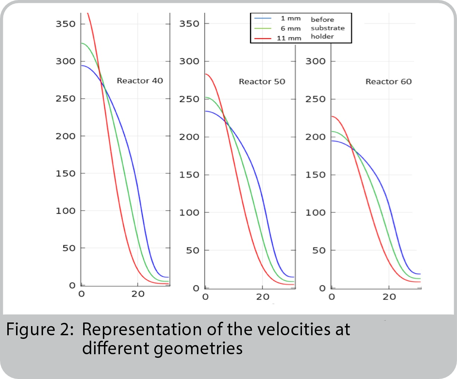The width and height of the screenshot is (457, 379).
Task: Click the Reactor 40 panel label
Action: [x=140, y=81]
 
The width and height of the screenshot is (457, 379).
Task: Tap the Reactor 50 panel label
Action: [x=262, y=82]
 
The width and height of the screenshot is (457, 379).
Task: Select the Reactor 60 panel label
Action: [x=388, y=82]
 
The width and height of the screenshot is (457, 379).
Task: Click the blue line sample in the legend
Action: [x=263, y=18]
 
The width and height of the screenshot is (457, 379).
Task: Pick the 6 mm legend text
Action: [x=291, y=28]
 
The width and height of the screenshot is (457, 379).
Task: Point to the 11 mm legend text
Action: [x=289, y=38]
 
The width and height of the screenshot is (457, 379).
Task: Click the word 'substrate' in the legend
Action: [x=328, y=28]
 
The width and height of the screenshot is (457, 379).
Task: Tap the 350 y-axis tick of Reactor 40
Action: [x=66, y=24]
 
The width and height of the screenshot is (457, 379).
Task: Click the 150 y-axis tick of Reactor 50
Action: [x=189, y=175]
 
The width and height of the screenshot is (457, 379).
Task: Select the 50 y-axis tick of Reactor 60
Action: [x=319, y=251]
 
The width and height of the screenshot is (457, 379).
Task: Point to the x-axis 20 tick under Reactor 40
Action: [x=138, y=294]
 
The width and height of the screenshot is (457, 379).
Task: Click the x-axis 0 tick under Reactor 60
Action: [x=332, y=297]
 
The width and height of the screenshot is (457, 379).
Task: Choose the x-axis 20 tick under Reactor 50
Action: [x=263, y=297]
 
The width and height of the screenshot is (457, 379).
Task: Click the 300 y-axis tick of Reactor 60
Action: [x=315, y=61]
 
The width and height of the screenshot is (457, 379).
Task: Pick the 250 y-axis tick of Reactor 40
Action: [x=66, y=99]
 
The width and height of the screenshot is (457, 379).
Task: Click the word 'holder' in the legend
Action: [x=322, y=36]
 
